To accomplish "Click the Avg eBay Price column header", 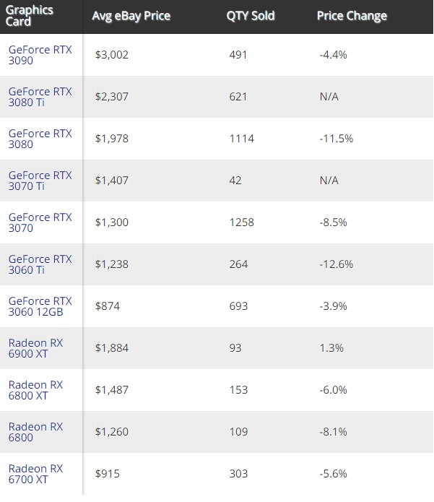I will (x=130, y=16).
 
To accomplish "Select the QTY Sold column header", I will (x=251, y=16).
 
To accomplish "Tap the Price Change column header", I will (x=352, y=16).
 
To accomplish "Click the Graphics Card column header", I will (x=29, y=16).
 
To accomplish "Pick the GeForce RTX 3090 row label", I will (x=40, y=55).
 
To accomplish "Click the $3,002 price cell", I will (x=111, y=54).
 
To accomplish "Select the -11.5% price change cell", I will (x=336, y=138).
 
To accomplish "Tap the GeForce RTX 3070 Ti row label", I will (x=40, y=181).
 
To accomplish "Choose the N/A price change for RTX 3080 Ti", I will (x=329, y=96).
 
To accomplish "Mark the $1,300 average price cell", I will (x=111, y=222).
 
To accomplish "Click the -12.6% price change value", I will (x=336, y=264).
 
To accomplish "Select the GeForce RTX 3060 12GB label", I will (x=40, y=306).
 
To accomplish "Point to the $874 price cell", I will (x=107, y=306).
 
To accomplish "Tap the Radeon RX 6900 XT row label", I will (x=36, y=348).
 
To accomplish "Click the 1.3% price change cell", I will (x=331, y=347).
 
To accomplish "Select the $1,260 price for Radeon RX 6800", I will (x=111, y=431).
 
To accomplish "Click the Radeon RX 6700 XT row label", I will (x=36, y=474).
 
